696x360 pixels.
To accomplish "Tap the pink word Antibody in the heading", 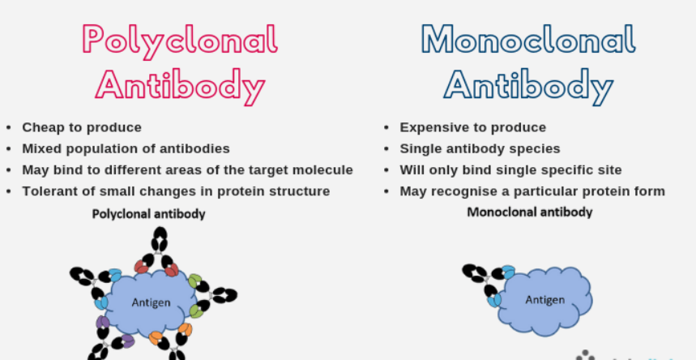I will [x=180, y=84].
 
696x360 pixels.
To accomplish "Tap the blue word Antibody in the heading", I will [x=527, y=84].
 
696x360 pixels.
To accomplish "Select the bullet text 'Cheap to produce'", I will [x=82, y=127].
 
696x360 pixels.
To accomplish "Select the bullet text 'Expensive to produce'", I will [x=472, y=127].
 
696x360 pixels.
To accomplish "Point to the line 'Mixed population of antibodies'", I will [x=126, y=148].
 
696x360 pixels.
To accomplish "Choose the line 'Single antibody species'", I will [x=480, y=148].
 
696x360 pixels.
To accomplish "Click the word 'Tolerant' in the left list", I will [x=49, y=191].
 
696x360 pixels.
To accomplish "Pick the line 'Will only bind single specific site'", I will [x=510, y=170].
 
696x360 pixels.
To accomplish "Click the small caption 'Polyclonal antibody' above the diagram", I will [x=148, y=214].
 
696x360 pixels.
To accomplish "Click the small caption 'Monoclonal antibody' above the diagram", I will [x=529, y=212].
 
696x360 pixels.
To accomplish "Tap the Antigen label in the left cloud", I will [x=152, y=302].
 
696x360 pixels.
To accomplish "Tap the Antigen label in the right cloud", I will [x=544, y=299].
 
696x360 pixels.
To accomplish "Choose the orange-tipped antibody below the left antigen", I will [x=170, y=341].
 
